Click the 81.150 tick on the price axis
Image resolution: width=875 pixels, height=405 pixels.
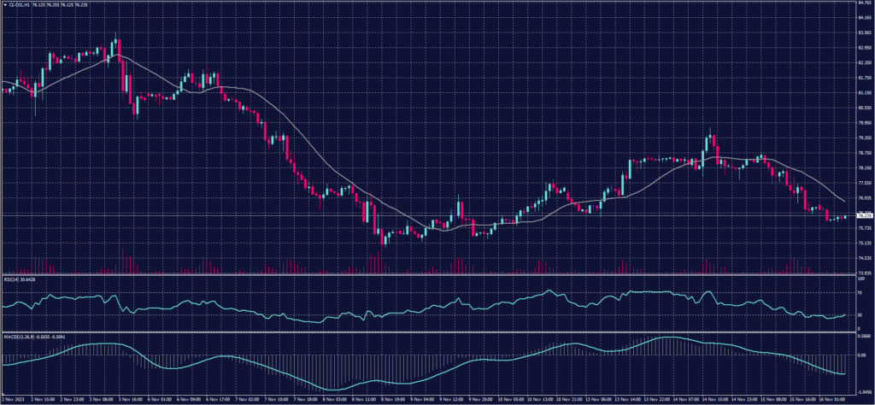click(x=863, y=92)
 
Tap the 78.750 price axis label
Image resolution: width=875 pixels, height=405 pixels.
click(x=863, y=152)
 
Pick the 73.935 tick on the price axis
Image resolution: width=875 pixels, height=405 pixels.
click(x=863, y=273)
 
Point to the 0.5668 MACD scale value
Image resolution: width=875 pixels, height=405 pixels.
click(x=862, y=337)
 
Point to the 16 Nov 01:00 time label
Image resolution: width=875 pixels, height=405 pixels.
click(x=835, y=399)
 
